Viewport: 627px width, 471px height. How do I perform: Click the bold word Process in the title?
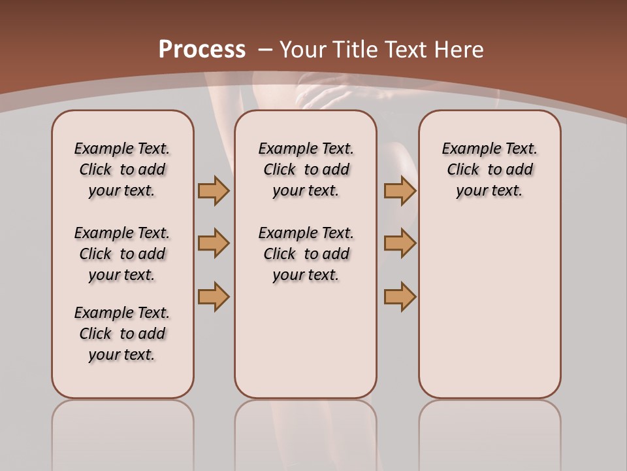[x=202, y=50]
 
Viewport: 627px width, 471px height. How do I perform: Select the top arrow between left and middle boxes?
[x=214, y=191]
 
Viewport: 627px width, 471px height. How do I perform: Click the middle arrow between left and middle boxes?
[x=214, y=244]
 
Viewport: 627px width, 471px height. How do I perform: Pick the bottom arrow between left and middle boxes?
[x=214, y=296]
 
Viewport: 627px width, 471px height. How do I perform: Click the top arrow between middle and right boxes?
[x=400, y=191]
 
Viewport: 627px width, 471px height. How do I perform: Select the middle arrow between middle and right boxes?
[x=400, y=244]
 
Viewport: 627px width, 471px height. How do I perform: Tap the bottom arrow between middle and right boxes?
[x=400, y=296]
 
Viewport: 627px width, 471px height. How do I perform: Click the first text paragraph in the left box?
[x=122, y=169]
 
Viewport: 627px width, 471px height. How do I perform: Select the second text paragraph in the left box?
[x=122, y=254]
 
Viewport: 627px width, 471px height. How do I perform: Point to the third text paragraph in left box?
[x=122, y=334]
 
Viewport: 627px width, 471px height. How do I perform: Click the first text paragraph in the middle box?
[x=306, y=169]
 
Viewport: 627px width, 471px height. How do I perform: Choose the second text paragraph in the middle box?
[x=306, y=254]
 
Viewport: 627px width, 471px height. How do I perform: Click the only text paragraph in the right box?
[x=489, y=169]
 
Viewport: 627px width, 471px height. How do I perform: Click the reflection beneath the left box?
[x=123, y=425]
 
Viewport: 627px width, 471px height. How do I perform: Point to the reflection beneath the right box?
[x=489, y=425]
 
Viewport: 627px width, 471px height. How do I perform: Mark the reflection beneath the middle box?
[x=306, y=425]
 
